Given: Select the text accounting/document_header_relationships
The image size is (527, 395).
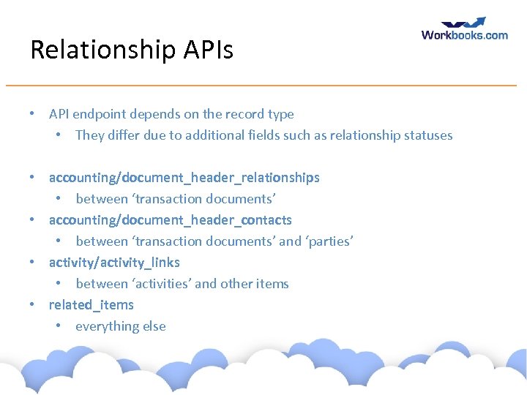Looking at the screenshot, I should [184, 178].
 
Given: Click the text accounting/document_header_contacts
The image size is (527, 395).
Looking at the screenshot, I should [170, 220].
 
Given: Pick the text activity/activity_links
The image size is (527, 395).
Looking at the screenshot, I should [114, 263].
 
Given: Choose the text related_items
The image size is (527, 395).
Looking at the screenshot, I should [91, 305].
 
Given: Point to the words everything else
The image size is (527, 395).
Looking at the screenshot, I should [121, 326].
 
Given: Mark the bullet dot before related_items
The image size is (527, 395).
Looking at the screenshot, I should [32, 305].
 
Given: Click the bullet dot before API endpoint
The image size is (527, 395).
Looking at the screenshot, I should [32, 114].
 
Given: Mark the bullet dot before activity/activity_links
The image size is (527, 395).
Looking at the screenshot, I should [32, 263].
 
